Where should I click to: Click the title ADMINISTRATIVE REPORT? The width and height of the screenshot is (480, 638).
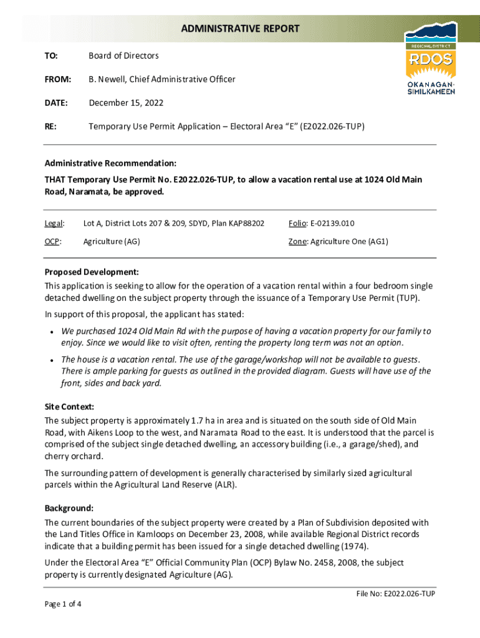click(240, 29)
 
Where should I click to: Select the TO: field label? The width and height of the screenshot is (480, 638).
click(51, 56)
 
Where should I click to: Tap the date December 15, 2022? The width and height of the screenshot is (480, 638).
click(126, 103)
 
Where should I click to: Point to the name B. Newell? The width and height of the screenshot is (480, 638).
click(105, 79)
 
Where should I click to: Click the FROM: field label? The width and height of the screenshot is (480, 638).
click(57, 79)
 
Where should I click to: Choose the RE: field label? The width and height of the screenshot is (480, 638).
click(50, 126)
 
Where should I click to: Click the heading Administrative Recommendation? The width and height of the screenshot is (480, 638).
click(110, 163)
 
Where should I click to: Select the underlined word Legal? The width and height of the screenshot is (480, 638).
click(54, 224)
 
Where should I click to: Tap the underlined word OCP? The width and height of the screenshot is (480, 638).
click(52, 242)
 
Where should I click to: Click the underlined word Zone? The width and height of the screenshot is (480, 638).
click(297, 242)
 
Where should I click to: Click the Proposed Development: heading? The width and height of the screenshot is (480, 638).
click(91, 272)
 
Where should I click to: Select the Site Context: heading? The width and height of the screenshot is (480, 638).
click(69, 407)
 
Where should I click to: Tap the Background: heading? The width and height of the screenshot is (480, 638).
click(69, 508)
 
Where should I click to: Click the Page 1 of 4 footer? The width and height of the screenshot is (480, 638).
click(63, 604)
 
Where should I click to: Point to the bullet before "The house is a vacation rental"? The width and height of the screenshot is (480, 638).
click(49, 360)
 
